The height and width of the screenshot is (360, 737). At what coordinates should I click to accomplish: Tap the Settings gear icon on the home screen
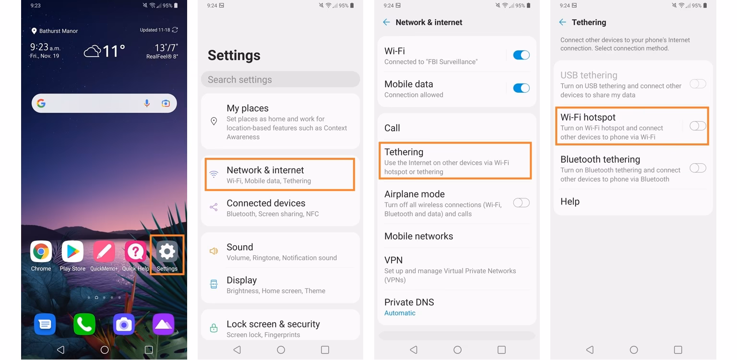point(167,252)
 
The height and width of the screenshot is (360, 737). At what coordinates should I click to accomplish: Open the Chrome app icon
point(41,252)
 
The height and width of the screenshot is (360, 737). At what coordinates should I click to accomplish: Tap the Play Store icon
point(72,252)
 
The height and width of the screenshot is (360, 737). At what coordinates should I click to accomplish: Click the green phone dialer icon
point(84,324)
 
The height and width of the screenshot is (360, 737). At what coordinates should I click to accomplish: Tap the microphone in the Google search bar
point(147,103)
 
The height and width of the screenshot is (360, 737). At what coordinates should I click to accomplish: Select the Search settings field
point(280,80)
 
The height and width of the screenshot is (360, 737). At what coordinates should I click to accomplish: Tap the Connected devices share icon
point(214,207)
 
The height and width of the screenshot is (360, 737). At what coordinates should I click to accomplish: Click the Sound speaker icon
point(214,251)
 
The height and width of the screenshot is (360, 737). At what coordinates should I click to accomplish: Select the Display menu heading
point(242,280)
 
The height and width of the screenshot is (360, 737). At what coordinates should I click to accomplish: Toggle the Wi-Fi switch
point(521,55)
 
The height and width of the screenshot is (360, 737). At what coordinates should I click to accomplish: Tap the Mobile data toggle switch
point(521,88)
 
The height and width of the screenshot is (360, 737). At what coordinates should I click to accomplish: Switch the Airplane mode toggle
point(521,203)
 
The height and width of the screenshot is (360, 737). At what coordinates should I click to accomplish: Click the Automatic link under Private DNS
point(400,313)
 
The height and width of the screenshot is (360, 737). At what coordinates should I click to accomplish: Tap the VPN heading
point(393,260)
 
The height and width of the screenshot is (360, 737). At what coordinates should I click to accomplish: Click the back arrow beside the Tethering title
point(563,22)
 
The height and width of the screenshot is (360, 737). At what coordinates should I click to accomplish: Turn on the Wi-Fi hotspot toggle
point(698,126)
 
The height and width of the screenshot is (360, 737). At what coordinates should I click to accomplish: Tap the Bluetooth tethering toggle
point(698,168)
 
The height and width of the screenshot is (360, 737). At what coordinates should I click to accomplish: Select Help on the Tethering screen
point(570,202)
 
